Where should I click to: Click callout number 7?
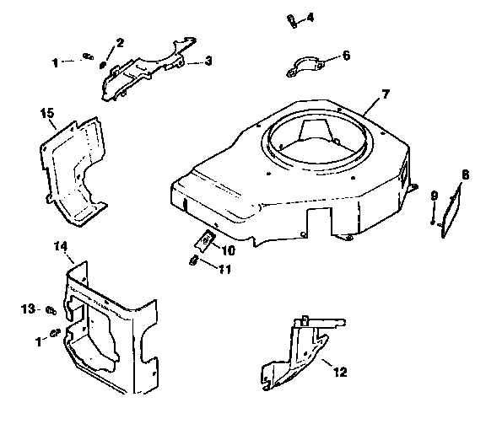(386, 93)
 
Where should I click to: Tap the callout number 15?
(47, 111)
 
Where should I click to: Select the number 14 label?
(60, 245)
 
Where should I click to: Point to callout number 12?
(339, 371)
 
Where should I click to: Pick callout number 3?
(208, 62)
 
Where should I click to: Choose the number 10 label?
(230, 250)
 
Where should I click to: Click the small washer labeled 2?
(103, 62)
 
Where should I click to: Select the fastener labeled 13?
(51, 309)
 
